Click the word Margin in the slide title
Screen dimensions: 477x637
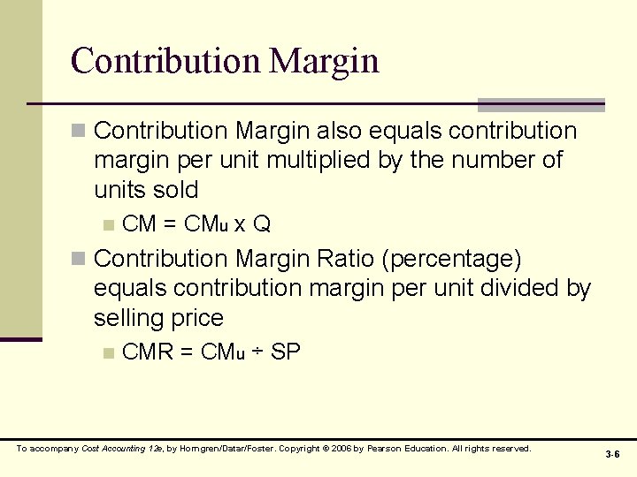click(325, 62)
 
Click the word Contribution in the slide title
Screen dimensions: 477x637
click(165, 61)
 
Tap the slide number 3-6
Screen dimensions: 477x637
click(612, 454)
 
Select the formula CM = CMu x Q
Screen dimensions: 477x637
click(196, 224)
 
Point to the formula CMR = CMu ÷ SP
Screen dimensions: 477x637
click(211, 352)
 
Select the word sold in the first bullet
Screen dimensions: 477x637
click(174, 190)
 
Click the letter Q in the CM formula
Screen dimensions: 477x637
click(262, 224)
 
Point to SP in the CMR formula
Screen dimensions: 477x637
click(286, 352)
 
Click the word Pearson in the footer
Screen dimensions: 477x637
click(385, 449)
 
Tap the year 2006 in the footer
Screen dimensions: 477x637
click(341, 449)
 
